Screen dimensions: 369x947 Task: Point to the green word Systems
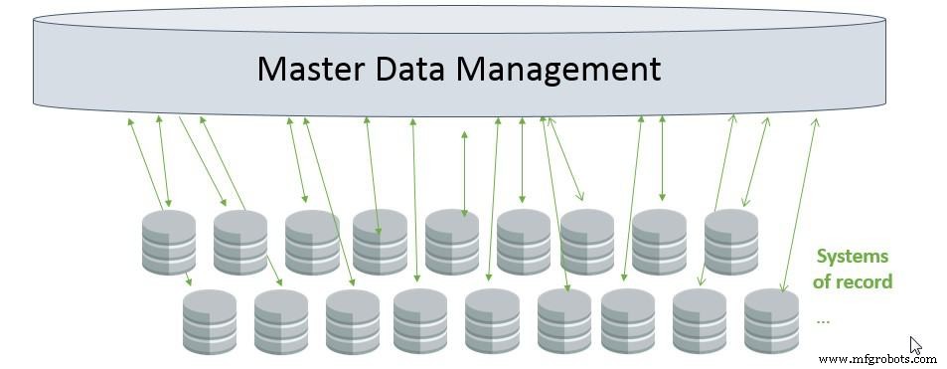(852, 256)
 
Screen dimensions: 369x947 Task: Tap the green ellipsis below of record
(822, 320)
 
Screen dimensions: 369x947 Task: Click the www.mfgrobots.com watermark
(877, 358)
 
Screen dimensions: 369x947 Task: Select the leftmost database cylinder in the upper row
(168, 242)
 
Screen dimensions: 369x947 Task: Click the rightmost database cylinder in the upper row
(731, 242)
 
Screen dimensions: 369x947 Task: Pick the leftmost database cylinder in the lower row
(210, 321)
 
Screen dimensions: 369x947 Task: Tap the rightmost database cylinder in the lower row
(772, 321)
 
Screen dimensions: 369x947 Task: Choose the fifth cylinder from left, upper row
(452, 242)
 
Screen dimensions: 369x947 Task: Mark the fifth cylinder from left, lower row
(492, 321)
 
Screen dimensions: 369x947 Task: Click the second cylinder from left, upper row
(240, 242)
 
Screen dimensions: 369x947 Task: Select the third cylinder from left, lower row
(353, 321)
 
